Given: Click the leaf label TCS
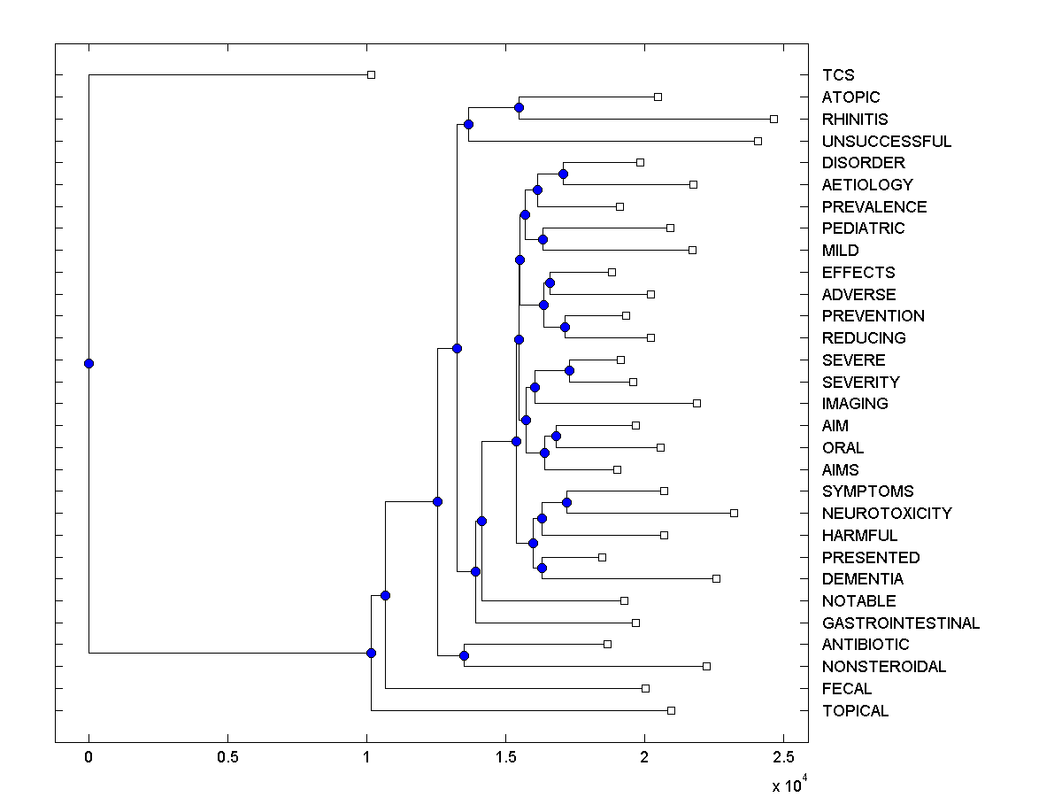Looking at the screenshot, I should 837,75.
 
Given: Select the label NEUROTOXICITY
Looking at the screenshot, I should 886,514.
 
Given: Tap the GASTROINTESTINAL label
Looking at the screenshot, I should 900,623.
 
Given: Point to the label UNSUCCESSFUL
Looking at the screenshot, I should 886,142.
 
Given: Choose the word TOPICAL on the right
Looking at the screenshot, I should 855,711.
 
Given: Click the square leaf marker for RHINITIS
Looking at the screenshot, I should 773,119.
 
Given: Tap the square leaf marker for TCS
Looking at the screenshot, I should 371,74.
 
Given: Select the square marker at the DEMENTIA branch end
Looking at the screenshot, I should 716,578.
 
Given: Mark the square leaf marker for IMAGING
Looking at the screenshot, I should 696,403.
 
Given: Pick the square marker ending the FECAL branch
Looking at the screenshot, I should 645,688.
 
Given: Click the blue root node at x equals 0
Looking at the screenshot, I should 88,363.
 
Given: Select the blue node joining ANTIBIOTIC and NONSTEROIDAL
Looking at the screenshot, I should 464,655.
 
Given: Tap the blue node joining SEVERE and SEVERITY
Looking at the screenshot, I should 569,370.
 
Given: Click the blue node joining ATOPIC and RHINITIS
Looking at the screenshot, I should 519,107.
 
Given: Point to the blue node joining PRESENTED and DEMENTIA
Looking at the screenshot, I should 542,568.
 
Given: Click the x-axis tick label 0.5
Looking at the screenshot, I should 227,756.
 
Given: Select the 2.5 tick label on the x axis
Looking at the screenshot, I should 783,756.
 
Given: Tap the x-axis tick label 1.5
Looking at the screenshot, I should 505,756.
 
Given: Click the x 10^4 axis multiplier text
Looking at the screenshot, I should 787,785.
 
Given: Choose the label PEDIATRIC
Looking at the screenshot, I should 863,228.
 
